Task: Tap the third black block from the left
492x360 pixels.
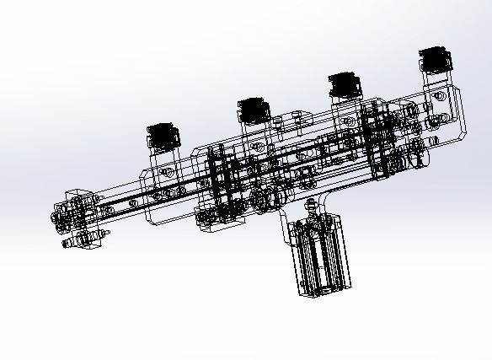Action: pyautogui.click(x=345, y=85)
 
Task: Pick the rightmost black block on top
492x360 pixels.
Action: pyautogui.click(x=435, y=61)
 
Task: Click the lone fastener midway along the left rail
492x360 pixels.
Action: pyautogui.click(x=131, y=204)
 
